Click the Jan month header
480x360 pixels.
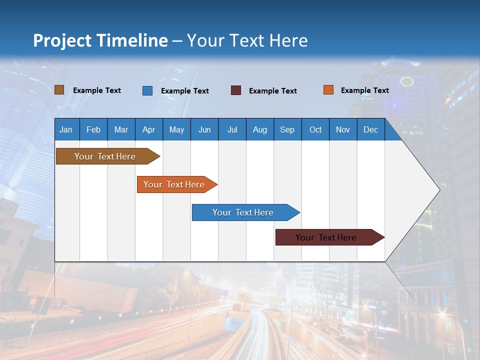click(66, 130)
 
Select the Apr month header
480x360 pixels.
click(148, 130)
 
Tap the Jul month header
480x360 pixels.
click(232, 130)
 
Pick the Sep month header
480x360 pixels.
click(287, 130)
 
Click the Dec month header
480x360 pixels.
click(370, 130)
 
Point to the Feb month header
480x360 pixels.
click(93, 130)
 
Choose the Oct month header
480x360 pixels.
click(315, 130)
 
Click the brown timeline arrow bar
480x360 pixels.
click(105, 156)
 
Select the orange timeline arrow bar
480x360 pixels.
click(174, 184)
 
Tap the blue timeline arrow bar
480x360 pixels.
click(243, 212)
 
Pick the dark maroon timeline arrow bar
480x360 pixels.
click(326, 237)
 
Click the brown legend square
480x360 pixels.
click(59, 90)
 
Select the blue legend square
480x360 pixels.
click(147, 90)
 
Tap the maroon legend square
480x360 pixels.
click(235, 90)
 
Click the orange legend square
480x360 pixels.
click(328, 90)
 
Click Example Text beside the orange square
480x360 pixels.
click(364, 90)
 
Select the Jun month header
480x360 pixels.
click(204, 130)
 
